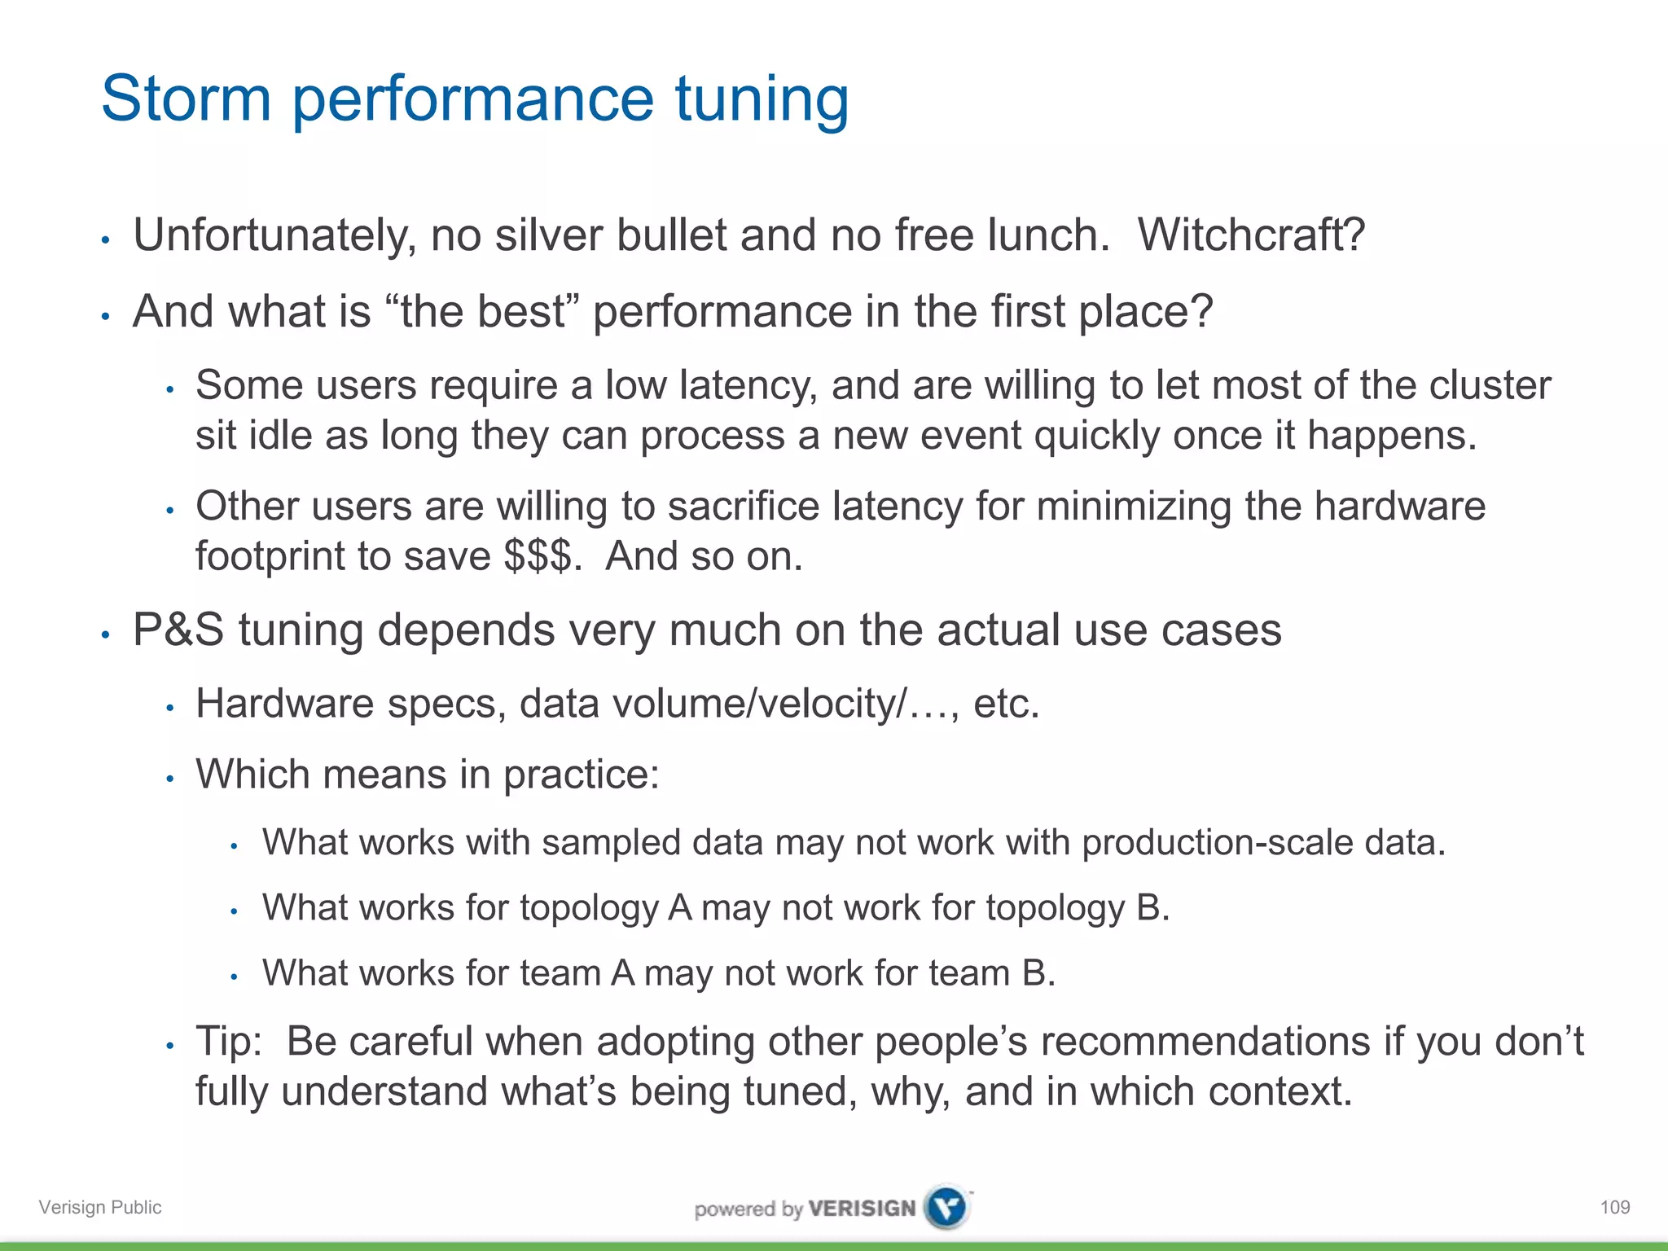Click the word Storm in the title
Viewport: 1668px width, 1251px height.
coord(186,99)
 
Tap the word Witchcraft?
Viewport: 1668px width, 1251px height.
coord(1251,235)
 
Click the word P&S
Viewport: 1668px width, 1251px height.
coord(178,630)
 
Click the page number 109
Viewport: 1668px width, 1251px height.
coord(1614,1207)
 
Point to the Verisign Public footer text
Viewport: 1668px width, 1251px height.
coord(100,1207)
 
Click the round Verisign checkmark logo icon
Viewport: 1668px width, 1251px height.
coord(947,1207)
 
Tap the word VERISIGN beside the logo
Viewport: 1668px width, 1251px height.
coord(863,1208)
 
